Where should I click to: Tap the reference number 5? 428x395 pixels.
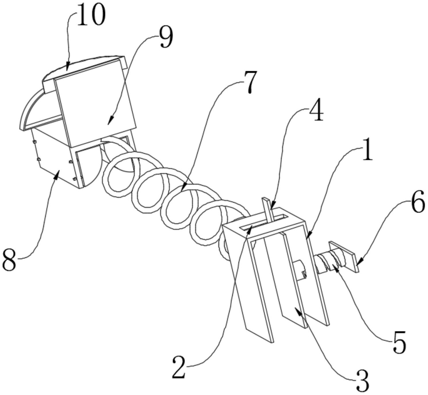coord(399,343)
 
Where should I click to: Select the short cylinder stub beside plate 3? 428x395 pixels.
coord(300,269)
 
